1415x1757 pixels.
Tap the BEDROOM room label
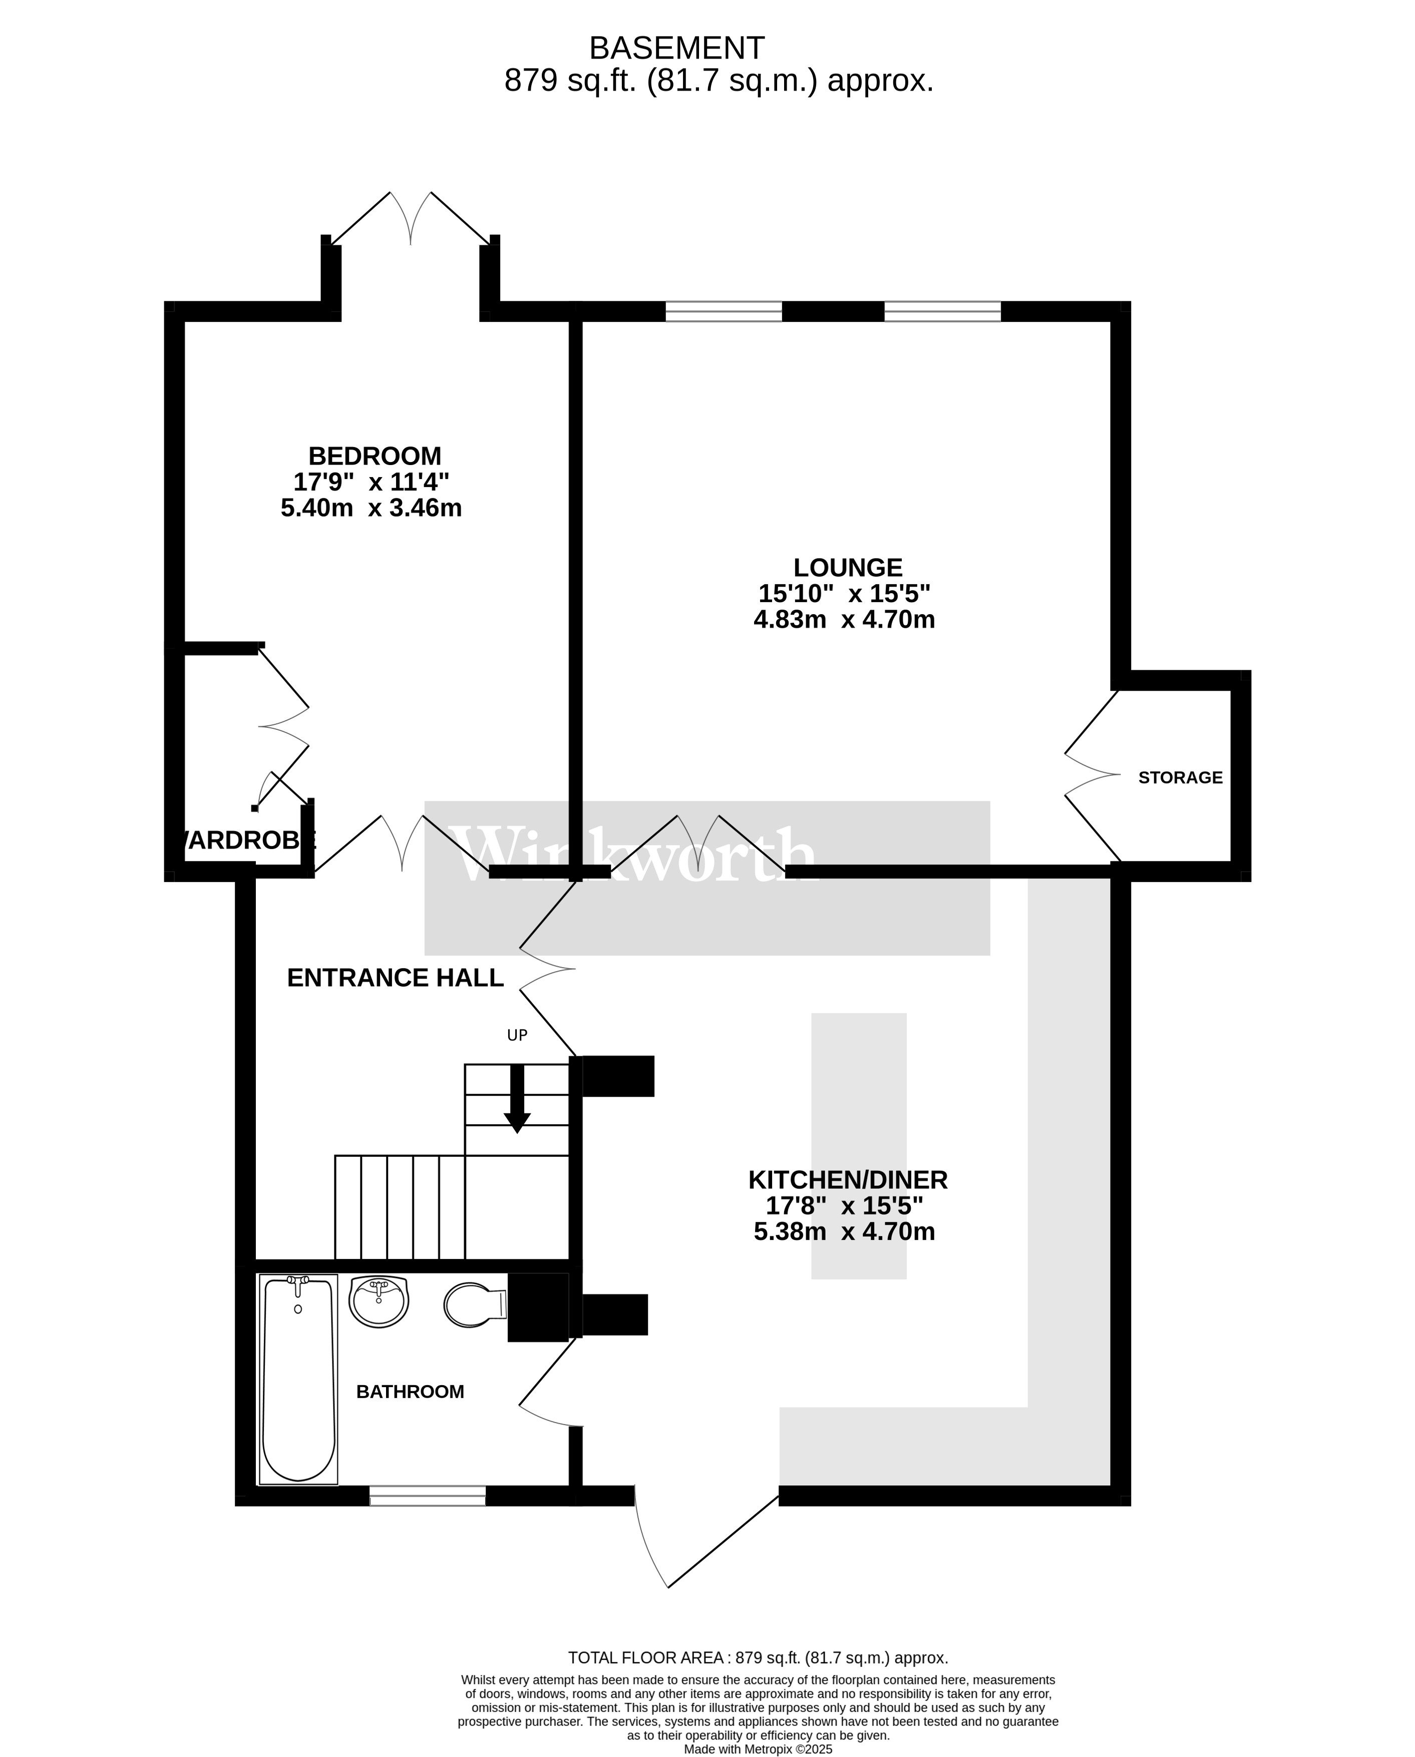point(375,456)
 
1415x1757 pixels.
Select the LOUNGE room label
point(848,567)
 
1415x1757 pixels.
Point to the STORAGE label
point(1180,777)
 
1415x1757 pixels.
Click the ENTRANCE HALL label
point(396,977)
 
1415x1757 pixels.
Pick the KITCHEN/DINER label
point(848,1179)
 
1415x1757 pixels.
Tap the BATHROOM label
point(410,1391)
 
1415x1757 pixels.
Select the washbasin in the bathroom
point(379,1301)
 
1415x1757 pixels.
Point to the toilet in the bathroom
point(475,1304)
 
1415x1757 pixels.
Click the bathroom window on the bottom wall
point(427,1495)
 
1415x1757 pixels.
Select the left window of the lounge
point(724,311)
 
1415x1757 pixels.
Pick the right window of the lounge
point(942,311)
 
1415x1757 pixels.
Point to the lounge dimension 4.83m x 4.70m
point(844,619)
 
